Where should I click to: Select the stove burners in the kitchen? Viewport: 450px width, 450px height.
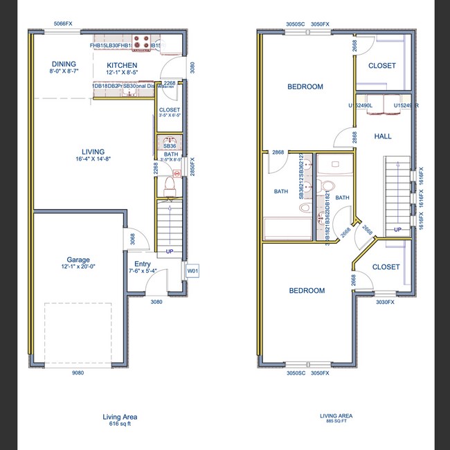tap(141, 43)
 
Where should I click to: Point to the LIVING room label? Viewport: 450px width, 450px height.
tap(92, 152)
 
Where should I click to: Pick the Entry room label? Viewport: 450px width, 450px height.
tap(143, 264)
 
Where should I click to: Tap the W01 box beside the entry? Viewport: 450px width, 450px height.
tap(192, 271)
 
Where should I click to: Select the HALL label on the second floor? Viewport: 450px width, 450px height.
tap(383, 136)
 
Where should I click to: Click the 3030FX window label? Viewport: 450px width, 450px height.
tap(384, 302)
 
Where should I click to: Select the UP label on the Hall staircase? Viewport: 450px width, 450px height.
tap(397, 229)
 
